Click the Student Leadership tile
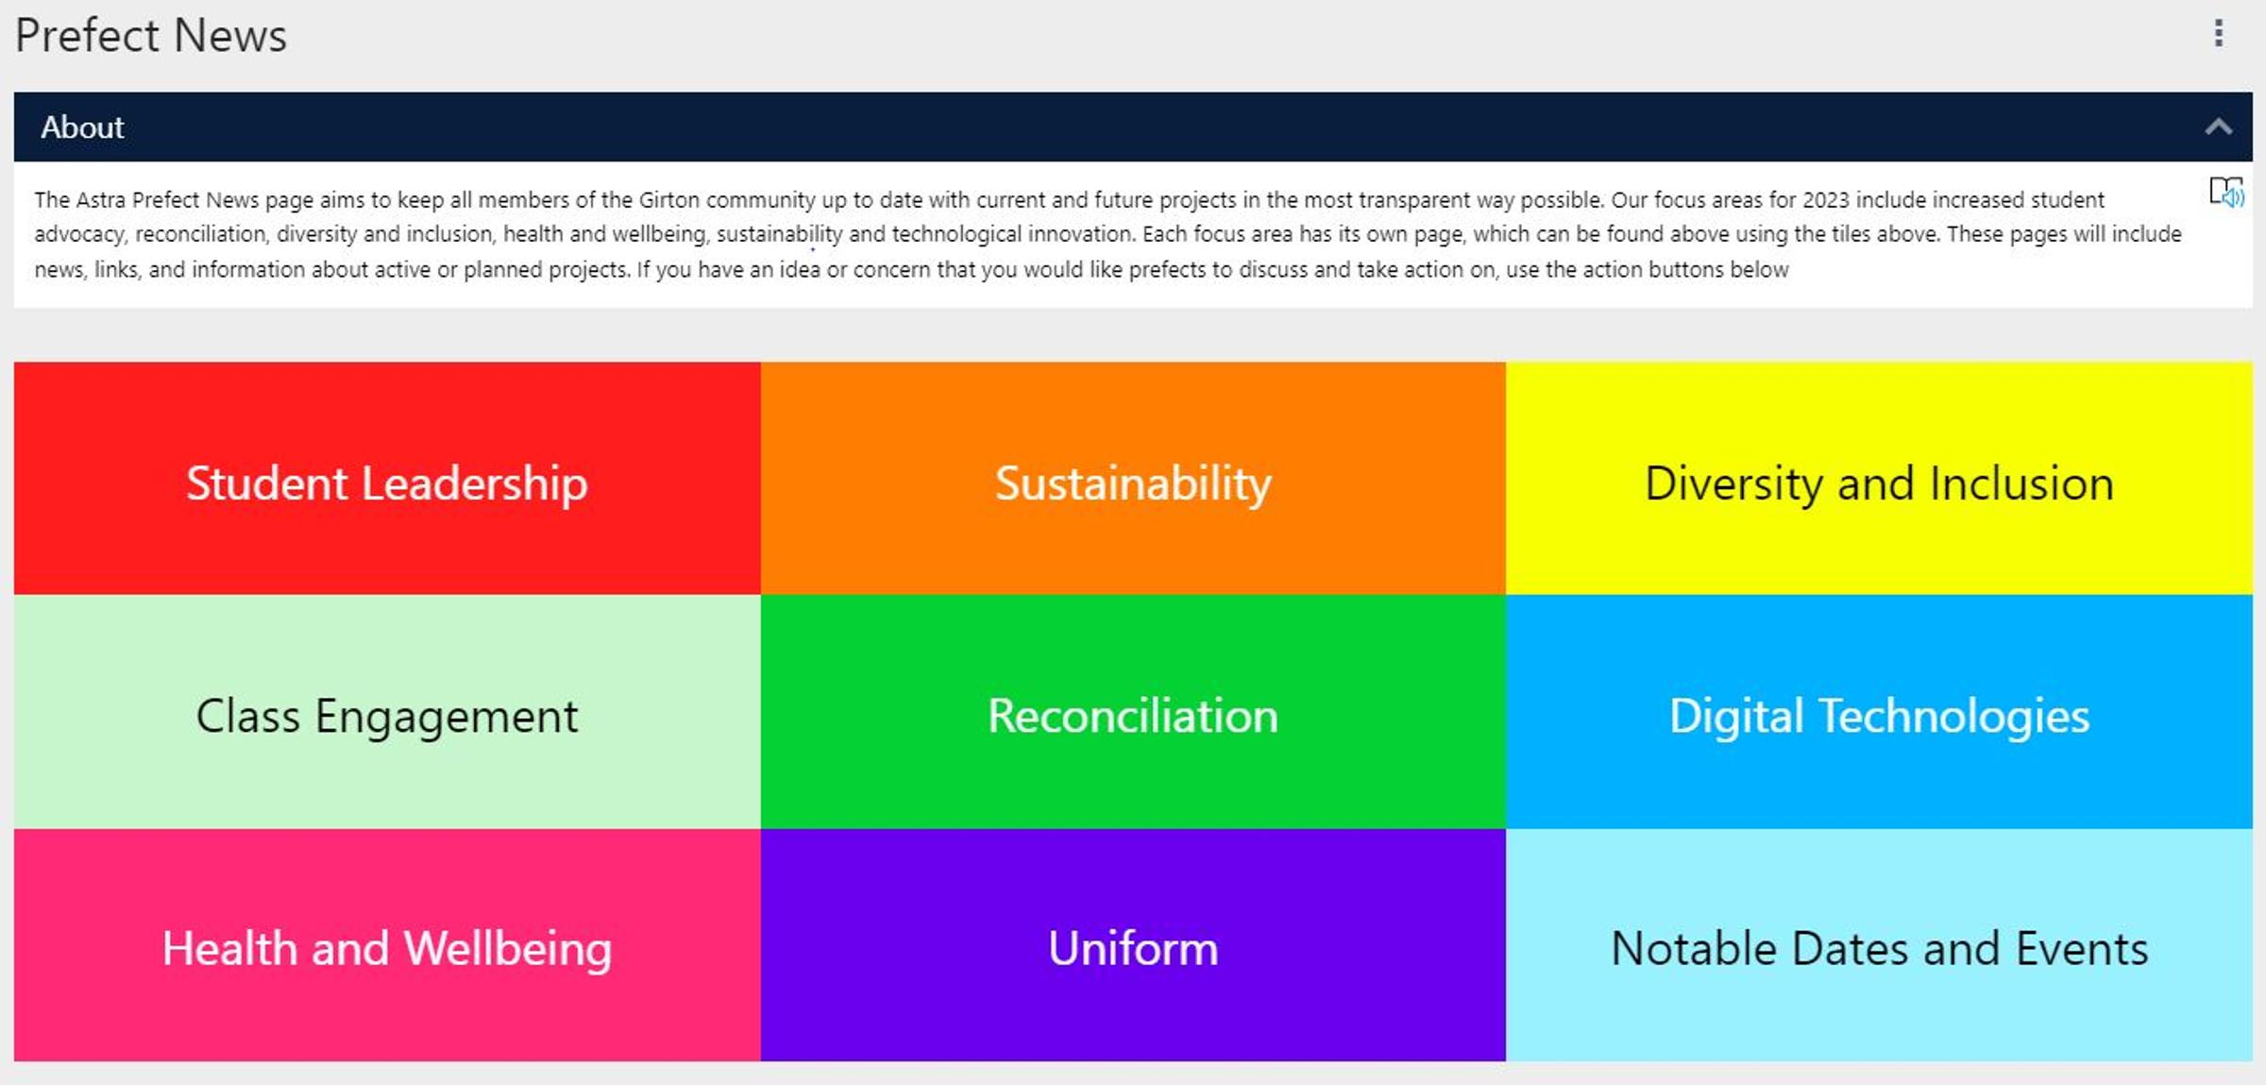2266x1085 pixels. pos(387,478)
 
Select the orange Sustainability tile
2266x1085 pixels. pos(1133,478)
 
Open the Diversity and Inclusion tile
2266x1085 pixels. pos(1879,478)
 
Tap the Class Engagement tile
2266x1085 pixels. pos(387,712)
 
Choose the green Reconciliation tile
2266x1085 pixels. pos(1133,712)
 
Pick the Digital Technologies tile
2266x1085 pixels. pos(1879,712)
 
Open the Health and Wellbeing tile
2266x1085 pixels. pos(387,945)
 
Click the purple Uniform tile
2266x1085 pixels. pos(1133,945)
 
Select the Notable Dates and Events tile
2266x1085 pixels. pos(1879,945)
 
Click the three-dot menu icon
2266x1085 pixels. pos(2219,33)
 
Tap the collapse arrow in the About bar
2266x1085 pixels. pos(2219,127)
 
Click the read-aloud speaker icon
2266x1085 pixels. pos(2226,192)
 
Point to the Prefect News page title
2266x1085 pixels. pos(151,36)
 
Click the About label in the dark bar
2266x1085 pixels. pos(82,127)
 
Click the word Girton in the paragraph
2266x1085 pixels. pos(669,200)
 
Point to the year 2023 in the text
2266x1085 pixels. pos(1826,200)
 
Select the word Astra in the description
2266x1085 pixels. pos(101,200)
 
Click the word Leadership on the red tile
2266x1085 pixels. pos(475,483)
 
